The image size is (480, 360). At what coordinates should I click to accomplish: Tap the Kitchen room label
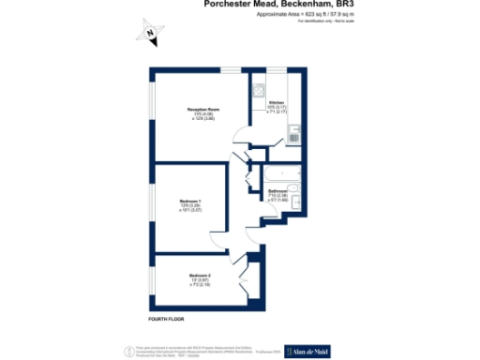point(277,101)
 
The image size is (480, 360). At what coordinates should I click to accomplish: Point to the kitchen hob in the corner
point(258,92)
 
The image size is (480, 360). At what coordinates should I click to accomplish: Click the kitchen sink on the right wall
point(293,138)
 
